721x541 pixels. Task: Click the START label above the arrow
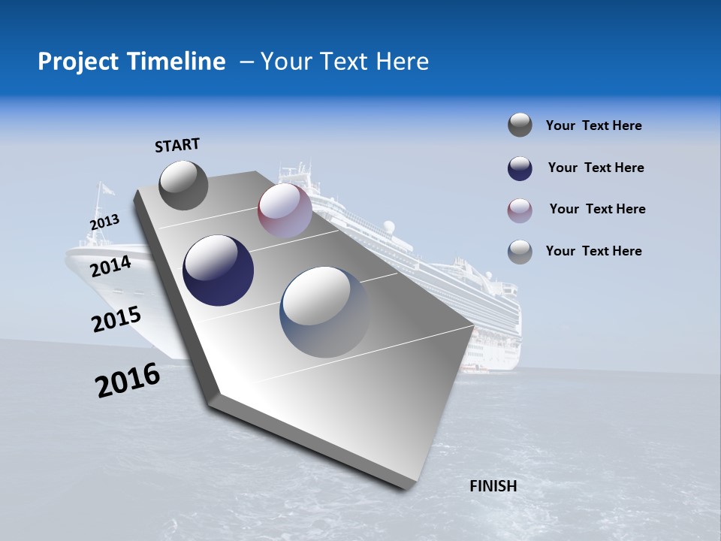[177, 145]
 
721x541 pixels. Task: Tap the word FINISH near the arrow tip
[493, 486]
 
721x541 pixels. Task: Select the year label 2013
[105, 222]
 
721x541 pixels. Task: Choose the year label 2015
[116, 319]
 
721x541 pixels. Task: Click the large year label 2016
[128, 380]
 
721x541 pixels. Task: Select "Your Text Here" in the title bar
[345, 62]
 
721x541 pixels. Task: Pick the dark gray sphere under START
[183, 185]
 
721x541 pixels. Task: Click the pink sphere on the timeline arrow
[285, 210]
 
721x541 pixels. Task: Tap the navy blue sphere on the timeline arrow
[219, 270]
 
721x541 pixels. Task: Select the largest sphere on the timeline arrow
[324, 311]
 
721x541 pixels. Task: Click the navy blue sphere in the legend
[520, 168]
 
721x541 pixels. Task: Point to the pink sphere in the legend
[520, 210]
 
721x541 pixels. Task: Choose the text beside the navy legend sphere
[596, 168]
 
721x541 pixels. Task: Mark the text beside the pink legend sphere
[597, 209]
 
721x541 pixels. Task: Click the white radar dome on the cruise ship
[388, 226]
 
